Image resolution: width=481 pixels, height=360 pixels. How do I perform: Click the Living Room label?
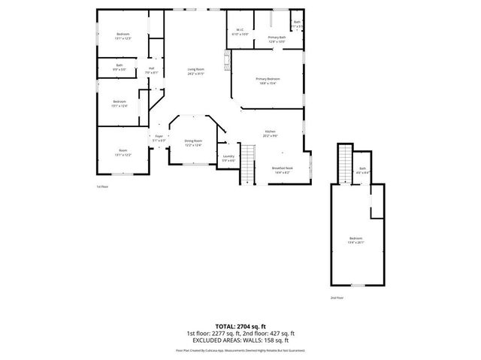pyautogui.click(x=196, y=71)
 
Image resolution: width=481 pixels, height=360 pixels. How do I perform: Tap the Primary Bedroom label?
pyautogui.click(x=268, y=81)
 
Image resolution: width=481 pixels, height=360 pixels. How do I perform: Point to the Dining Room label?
pyautogui.click(x=193, y=143)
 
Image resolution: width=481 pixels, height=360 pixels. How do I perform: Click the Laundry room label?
pyautogui.click(x=228, y=159)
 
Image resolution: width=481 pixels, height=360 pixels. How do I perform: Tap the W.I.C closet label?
pyautogui.click(x=240, y=32)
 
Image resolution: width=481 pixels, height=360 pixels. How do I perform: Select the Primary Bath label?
pyautogui.click(x=277, y=39)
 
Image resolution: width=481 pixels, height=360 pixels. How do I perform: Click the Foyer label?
pyautogui.click(x=159, y=138)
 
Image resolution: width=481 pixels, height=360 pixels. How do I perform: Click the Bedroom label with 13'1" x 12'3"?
pyautogui.click(x=123, y=36)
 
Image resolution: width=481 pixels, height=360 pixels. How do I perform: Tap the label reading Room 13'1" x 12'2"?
pyautogui.click(x=123, y=153)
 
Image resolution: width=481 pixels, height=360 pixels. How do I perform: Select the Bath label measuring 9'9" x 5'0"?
pyautogui.click(x=119, y=67)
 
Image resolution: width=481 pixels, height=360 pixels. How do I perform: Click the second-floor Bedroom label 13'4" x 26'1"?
pyautogui.click(x=356, y=241)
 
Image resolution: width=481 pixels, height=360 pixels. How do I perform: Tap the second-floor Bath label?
pyautogui.click(x=362, y=171)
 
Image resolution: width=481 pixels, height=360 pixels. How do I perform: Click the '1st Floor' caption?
pyautogui.click(x=102, y=186)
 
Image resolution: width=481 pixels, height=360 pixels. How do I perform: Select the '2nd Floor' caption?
pyautogui.click(x=337, y=298)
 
